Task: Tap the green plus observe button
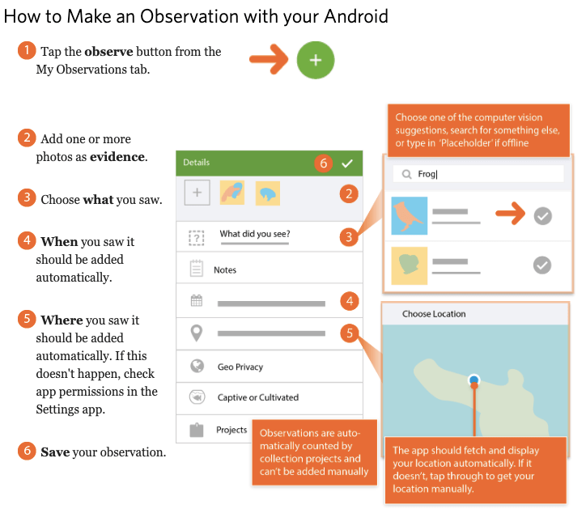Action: point(316,60)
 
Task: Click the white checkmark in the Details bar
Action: point(347,163)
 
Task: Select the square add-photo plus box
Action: point(197,193)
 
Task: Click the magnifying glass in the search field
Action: point(406,174)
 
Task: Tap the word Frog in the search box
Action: point(427,174)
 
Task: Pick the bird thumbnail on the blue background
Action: point(410,215)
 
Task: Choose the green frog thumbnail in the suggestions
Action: point(410,265)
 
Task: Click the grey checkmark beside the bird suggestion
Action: point(542,215)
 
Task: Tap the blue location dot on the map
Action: point(473,380)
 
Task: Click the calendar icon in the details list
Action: point(197,300)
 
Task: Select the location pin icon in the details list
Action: point(197,333)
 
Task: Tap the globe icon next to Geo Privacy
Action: point(197,366)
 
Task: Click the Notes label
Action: point(225,269)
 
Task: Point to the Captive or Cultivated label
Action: point(258,397)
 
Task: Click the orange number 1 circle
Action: point(27,50)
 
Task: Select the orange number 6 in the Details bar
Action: point(323,163)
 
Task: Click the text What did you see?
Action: point(255,234)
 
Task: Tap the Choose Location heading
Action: point(434,314)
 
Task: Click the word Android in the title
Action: point(356,16)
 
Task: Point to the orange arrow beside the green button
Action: point(269,59)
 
